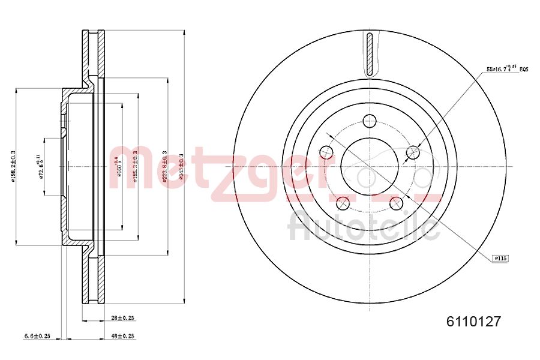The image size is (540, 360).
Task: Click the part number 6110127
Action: click(x=473, y=321)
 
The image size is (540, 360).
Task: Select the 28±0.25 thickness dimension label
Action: click(x=124, y=317)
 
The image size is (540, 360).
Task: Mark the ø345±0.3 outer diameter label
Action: click(x=181, y=166)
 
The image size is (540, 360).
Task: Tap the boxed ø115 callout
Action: click(x=500, y=258)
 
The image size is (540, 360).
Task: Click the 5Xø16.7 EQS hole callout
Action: click(x=507, y=70)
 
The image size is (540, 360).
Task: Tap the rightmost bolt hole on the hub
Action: click(x=413, y=152)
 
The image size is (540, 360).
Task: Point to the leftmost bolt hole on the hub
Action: click(x=326, y=152)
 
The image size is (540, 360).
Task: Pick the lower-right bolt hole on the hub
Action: click(x=397, y=204)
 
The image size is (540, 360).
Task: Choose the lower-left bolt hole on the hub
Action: click(x=343, y=203)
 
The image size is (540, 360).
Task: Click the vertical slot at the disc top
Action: click(x=370, y=54)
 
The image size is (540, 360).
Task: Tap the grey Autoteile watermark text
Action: click(x=363, y=227)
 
